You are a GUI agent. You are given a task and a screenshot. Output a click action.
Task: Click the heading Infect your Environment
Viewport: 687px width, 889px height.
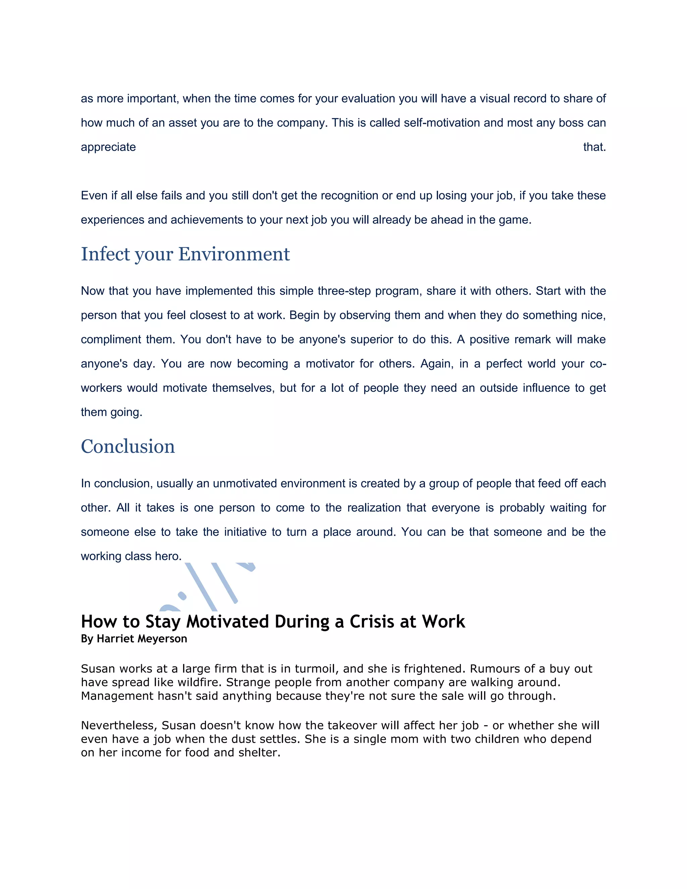pos(185,254)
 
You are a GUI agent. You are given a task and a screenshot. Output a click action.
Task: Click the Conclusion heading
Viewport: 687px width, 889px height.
pos(128,447)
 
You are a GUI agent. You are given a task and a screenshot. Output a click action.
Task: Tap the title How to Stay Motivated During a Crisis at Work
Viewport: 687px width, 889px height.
pos(273,622)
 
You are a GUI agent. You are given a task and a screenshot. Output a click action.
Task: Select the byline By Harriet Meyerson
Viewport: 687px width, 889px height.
pos(134,639)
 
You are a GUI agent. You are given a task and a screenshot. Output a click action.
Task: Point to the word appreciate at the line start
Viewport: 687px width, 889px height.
pos(108,147)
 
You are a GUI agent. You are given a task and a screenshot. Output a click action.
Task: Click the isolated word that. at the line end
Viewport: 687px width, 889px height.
pos(594,147)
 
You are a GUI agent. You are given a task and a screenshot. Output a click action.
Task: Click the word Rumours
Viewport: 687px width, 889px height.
pos(494,669)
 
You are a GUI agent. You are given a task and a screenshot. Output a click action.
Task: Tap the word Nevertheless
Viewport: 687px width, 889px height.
pos(119,725)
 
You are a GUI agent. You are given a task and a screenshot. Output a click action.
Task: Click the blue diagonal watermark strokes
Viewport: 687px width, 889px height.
pos(220,582)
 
